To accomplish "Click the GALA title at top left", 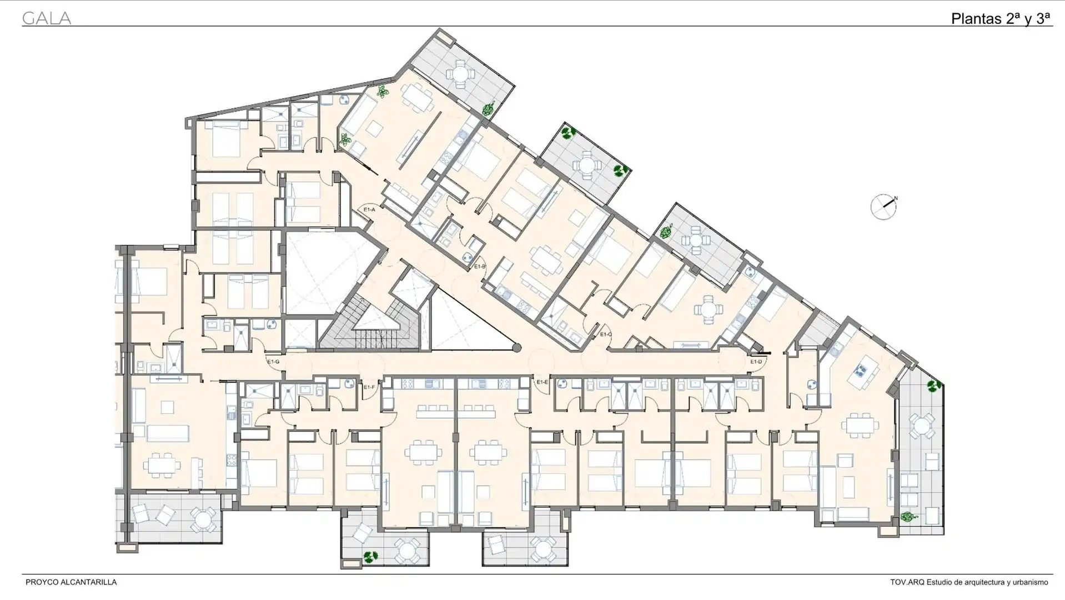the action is click(47, 18).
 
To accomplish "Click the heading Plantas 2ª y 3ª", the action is click(1001, 18).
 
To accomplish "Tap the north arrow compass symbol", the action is click(883, 207).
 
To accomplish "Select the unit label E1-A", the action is click(369, 209).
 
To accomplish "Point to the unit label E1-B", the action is click(480, 266).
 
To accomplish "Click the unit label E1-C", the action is click(606, 334).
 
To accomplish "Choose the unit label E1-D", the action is click(756, 362).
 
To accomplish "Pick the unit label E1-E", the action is click(542, 382).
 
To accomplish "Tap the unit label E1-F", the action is click(369, 386).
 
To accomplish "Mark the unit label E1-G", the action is click(273, 362).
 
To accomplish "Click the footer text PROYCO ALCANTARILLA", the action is click(71, 582).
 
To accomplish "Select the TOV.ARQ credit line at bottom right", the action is click(969, 582).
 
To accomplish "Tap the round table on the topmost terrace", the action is click(460, 73).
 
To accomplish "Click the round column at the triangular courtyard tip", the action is click(516, 348).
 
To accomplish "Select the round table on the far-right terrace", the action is click(921, 427).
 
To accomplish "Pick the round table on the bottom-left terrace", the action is click(203, 519).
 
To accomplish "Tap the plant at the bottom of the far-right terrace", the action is click(907, 517).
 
